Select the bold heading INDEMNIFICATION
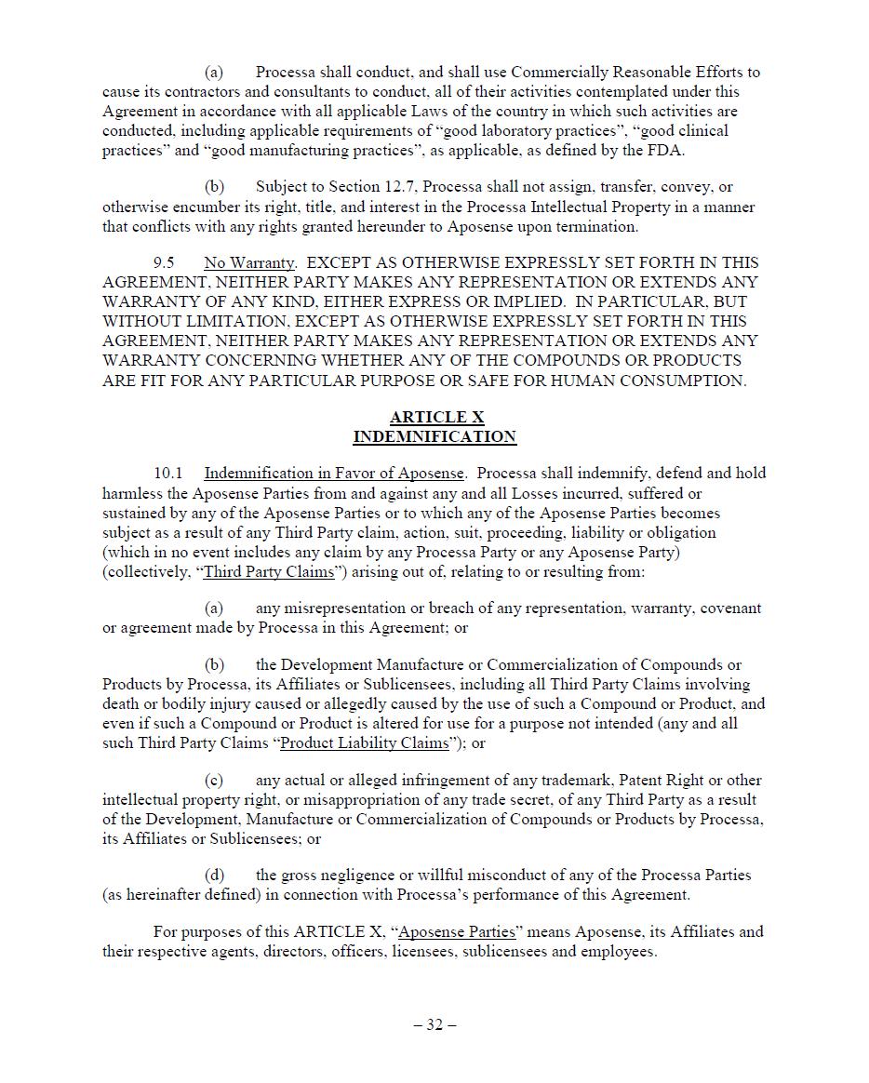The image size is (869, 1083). (x=434, y=437)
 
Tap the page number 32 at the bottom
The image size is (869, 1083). (x=434, y=1025)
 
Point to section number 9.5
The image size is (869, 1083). (x=164, y=263)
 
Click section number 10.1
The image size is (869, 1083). (x=168, y=474)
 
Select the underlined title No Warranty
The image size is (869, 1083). (x=249, y=263)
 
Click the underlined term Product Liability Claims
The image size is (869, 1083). (x=364, y=743)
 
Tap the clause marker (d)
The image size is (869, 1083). (x=214, y=876)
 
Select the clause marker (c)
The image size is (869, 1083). (x=214, y=781)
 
